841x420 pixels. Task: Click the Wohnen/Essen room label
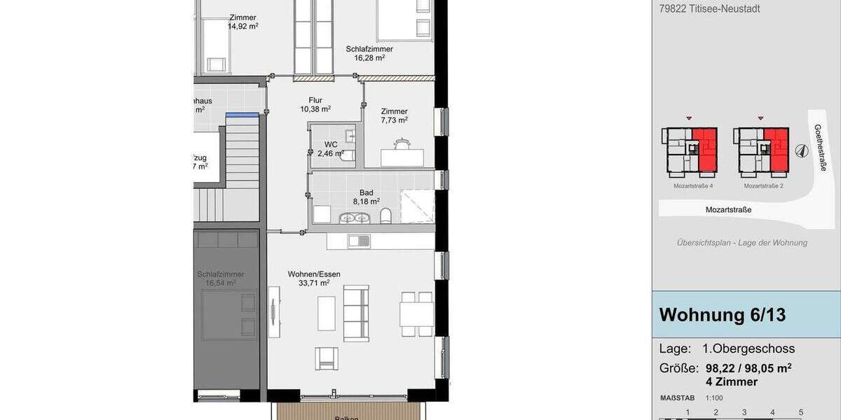coord(314,274)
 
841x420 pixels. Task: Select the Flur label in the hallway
coord(315,100)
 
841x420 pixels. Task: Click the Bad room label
coord(366,192)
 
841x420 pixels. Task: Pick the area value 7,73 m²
coord(394,120)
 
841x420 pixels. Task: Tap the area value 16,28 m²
coord(369,58)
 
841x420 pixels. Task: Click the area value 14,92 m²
coord(242,27)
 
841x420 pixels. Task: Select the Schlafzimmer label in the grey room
coord(221,274)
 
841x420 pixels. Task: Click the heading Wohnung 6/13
coord(723,315)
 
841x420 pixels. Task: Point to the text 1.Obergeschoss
coord(748,349)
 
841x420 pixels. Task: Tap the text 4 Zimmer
coord(731,382)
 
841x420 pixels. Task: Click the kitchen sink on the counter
coord(360,241)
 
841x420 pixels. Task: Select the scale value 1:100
coord(715,398)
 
